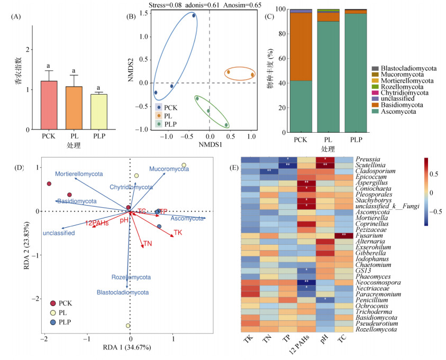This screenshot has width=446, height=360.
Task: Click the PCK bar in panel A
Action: pyautogui.click(x=49, y=105)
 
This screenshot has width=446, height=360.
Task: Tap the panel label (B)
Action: pyautogui.click(x=130, y=16)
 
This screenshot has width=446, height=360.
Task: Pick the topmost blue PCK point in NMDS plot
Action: pyautogui.click(x=194, y=16)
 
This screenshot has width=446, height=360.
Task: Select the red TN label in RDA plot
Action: pyautogui.click(x=148, y=244)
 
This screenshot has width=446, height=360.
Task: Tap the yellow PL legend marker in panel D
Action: pyautogui.click(x=53, y=312)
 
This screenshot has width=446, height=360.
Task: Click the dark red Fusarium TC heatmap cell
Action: pyautogui.click(x=344, y=234)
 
